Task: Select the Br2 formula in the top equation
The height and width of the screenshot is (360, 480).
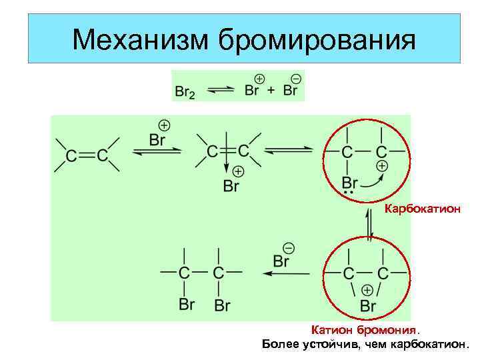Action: (x=185, y=91)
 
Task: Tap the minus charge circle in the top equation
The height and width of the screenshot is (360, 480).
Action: (x=296, y=79)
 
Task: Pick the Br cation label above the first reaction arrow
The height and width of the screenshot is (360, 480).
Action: (x=157, y=139)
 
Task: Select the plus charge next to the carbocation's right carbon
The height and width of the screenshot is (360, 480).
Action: (x=381, y=165)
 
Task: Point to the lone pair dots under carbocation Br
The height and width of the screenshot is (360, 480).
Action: (x=347, y=193)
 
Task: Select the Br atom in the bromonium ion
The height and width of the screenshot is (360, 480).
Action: (x=368, y=305)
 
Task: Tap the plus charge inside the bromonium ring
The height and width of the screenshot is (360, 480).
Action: (x=366, y=290)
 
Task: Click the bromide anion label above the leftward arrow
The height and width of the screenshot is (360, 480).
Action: (x=281, y=260)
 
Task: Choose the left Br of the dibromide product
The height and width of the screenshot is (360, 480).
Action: (x=187, y=304)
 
